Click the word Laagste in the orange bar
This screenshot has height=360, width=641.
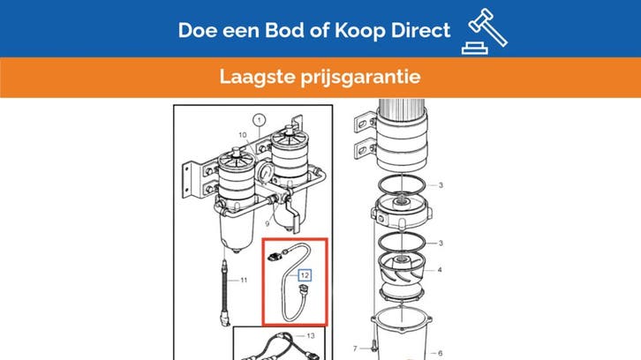(254, 78)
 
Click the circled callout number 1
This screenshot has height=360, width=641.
(259, 118)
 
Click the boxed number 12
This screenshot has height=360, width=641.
(305, 275)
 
